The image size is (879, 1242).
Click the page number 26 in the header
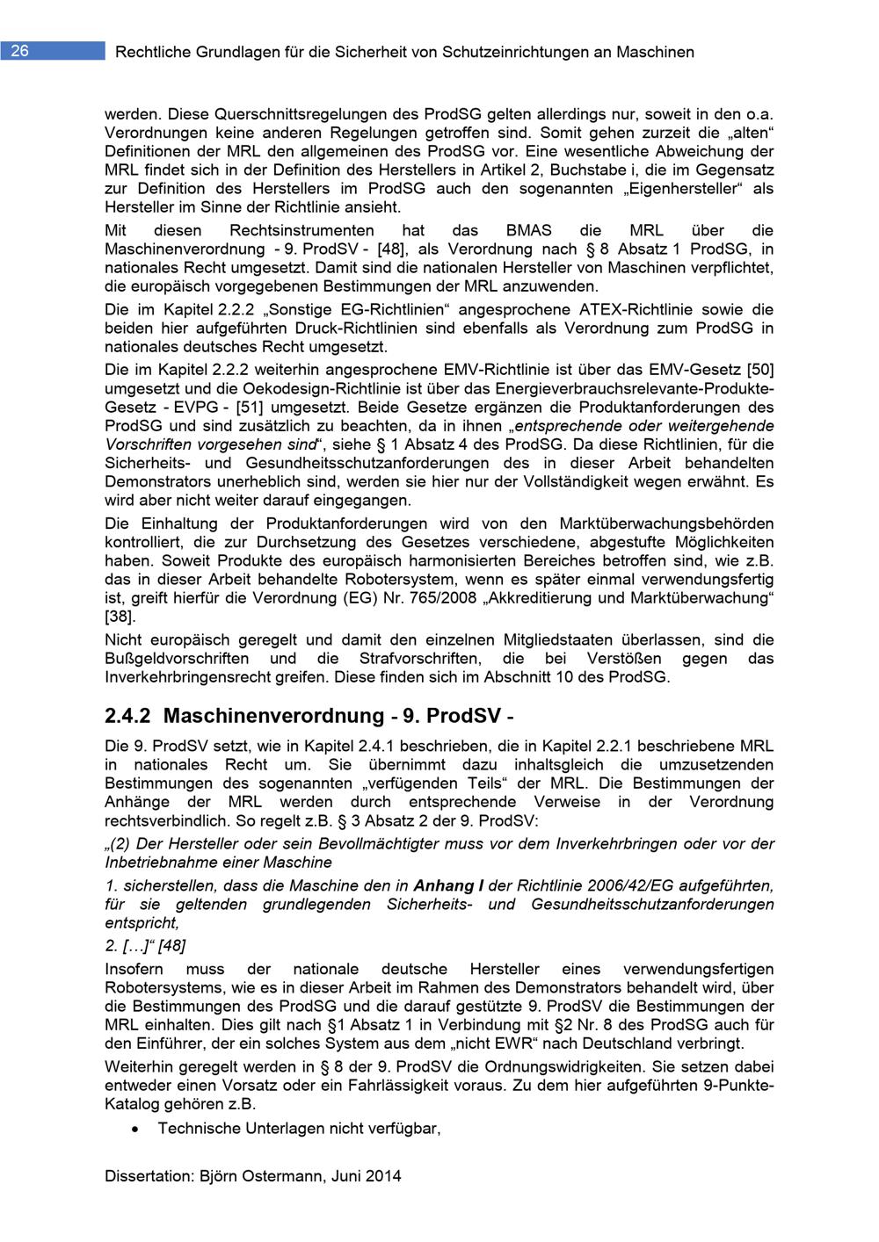click(x=19, y=51)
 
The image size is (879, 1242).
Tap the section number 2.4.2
click(x=129, y=716)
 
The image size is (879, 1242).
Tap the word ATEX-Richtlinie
click(x=649, y=309)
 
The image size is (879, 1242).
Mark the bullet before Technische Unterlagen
click(x=133, y=1129)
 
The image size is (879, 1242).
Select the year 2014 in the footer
click(x=383, y=1176)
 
